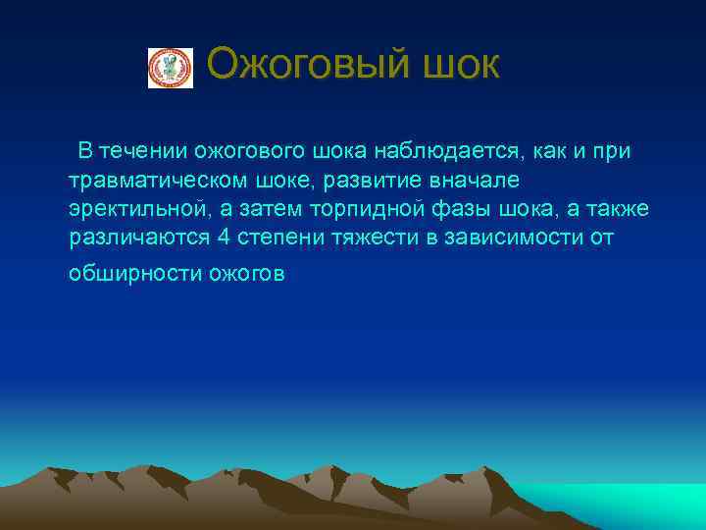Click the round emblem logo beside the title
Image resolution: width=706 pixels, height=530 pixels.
point(171,68)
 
